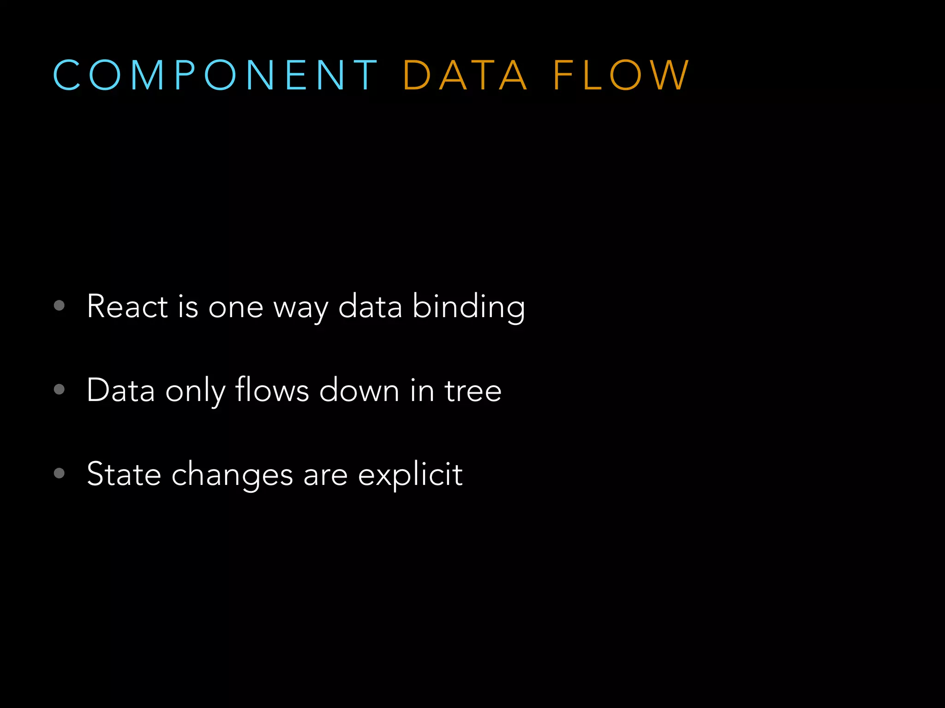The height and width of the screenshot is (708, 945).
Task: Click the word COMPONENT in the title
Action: point(215,75)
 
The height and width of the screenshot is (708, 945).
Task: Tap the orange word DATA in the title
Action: point(465,75)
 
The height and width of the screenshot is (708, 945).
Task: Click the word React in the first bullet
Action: point(127,306)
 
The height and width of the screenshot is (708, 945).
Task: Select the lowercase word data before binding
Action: point(370,306)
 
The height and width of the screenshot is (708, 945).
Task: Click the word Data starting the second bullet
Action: point(120,390)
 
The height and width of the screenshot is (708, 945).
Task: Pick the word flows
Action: point(272,389)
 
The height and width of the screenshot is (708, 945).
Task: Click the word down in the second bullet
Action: point(359,390)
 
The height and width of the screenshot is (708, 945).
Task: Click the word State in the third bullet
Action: point(124,474)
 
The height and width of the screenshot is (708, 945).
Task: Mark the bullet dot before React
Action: point(59,305)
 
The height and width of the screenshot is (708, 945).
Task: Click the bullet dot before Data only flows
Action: point(59,389)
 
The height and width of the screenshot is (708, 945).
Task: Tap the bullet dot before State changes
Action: point(59,473)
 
